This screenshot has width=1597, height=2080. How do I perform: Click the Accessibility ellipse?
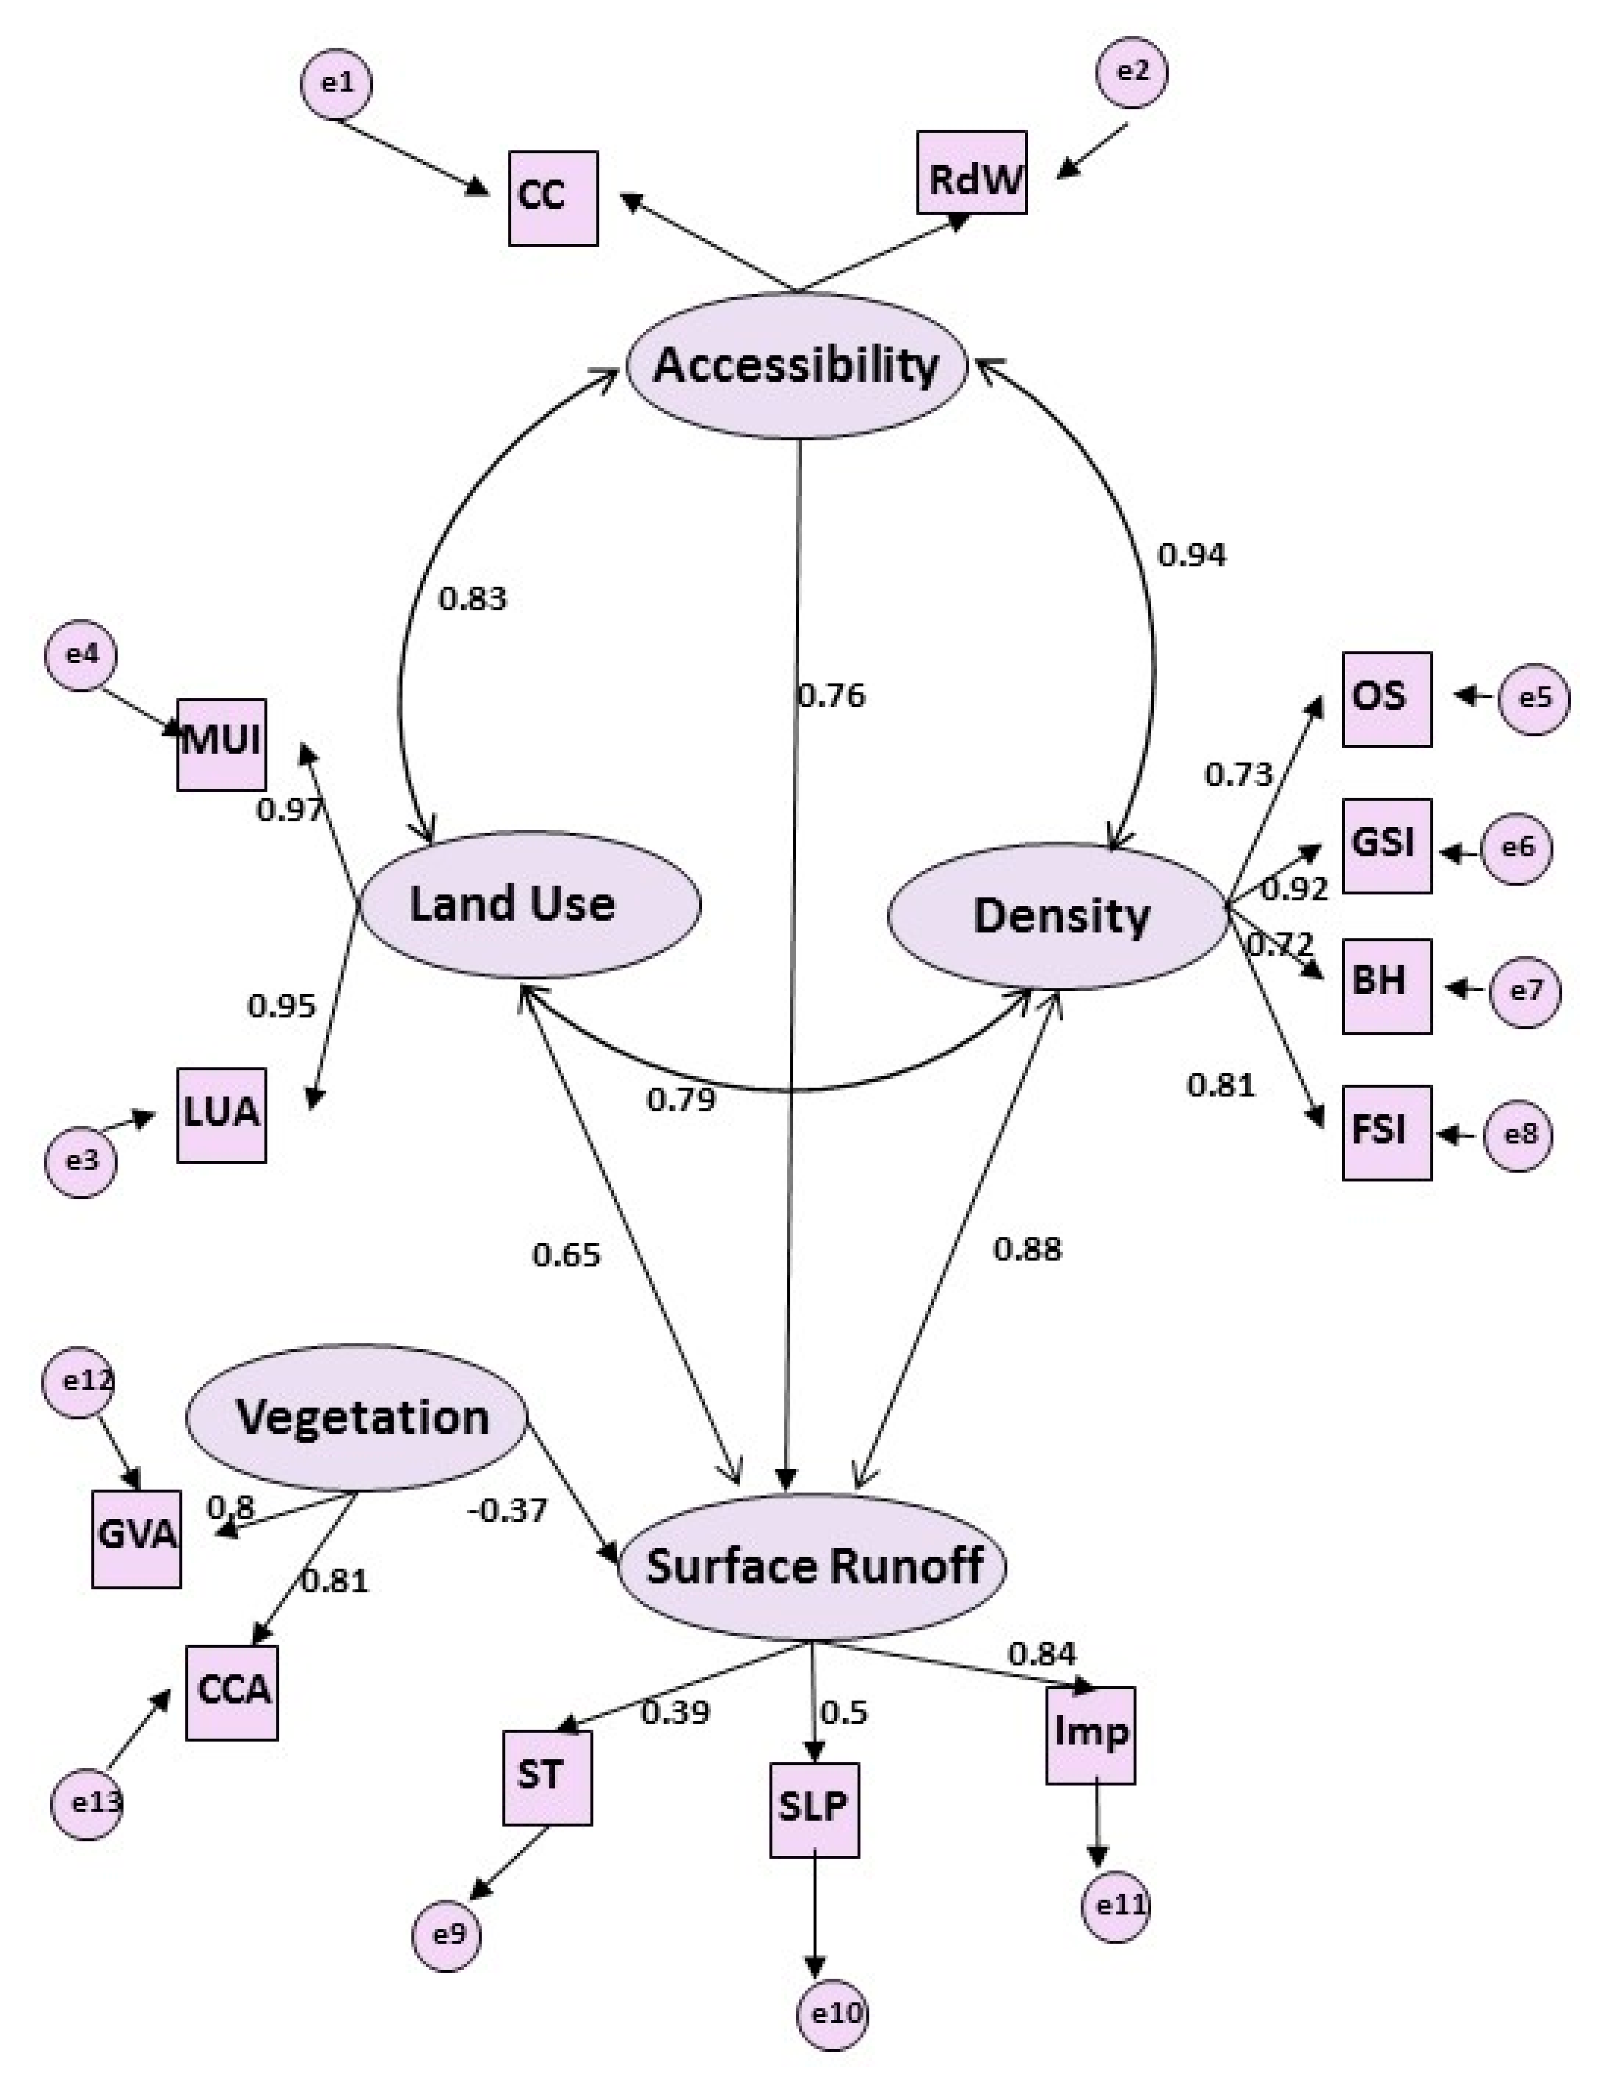pyautogui.click(x=797, y=365)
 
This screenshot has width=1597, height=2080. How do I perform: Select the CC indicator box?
pyautogui.click(x=553, y=198)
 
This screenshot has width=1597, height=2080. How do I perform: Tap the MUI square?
pyautogui.click(x=222, y=745)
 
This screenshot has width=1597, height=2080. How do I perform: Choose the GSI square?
pyautogui.click(x=1387, y=845)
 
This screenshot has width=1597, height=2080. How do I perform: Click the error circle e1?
pyautogui.click(x=336, y=83)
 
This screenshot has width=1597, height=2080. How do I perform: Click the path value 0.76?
pyautogui.click(x=832, y=696)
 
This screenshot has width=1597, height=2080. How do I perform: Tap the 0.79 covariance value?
pyautogui.click(x=680, y=1100)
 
